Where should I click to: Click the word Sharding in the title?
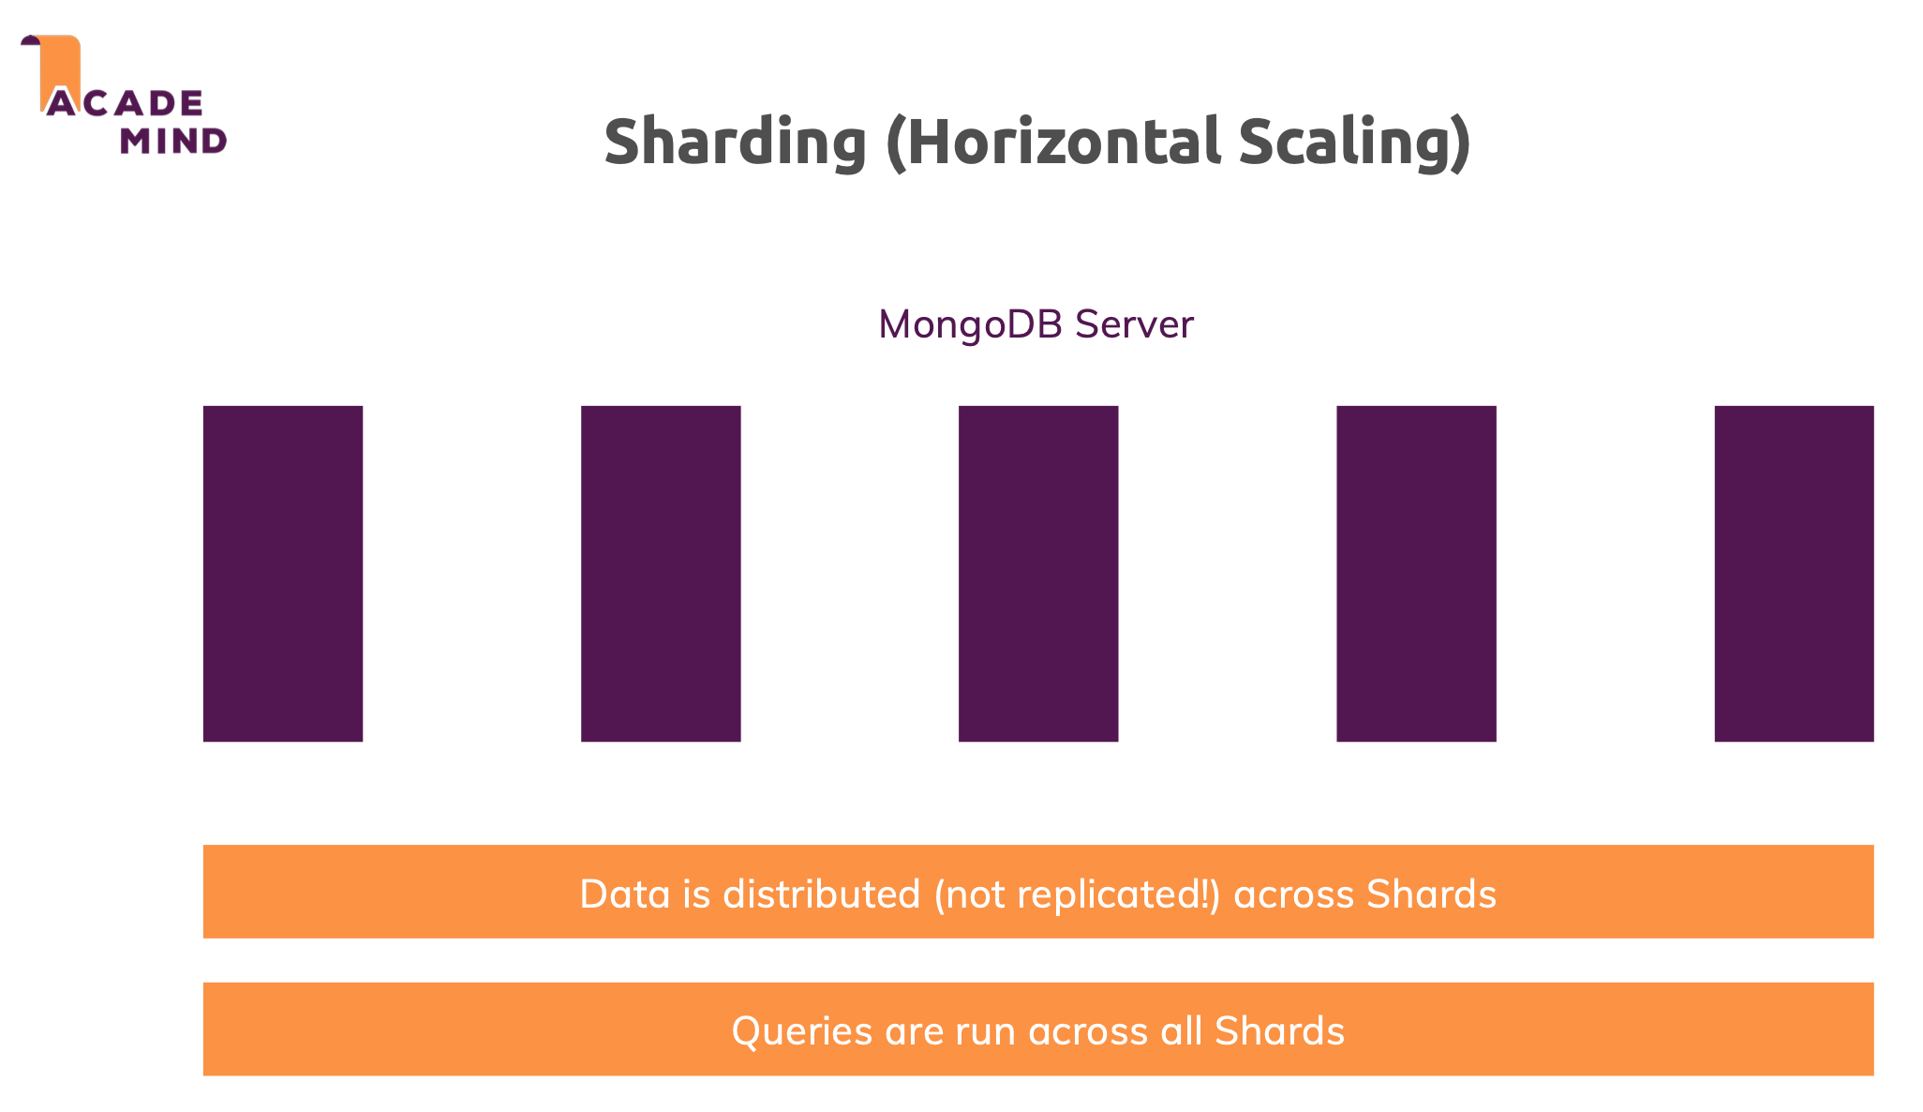pyautogui.click(x=735, y=143)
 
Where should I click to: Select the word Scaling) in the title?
pyautogui.click(x=1355, y=143)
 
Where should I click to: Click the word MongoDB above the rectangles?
pyautogui.click(x=970, y=325)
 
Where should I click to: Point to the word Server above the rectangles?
pyautogui.click(x=1134, y=324)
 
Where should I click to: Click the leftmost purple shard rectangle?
pyautogui.click(x=283, y=574)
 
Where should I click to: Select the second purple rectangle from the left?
pyautogui.click(x=661, y=574)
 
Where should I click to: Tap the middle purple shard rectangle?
pyautogui.click(x=1038, y=574)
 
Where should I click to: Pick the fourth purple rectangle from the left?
pyautogui.click(x=1416, y=574)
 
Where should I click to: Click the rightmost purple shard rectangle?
pyautogui.click(x=1794, y=574)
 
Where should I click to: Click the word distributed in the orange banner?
pyautogui.click(x=822, y=894)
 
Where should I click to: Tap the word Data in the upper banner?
pyautogui.click(x=625, y=894)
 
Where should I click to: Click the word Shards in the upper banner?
pyautogui.click(x=1431, y=894)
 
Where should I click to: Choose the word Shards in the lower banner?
pyautogui.click(x=1279, y=1030)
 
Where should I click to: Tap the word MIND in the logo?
pyautogui.click(x=173, y=141)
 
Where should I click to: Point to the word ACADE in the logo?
pyautogui.click(x=125, y=103)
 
